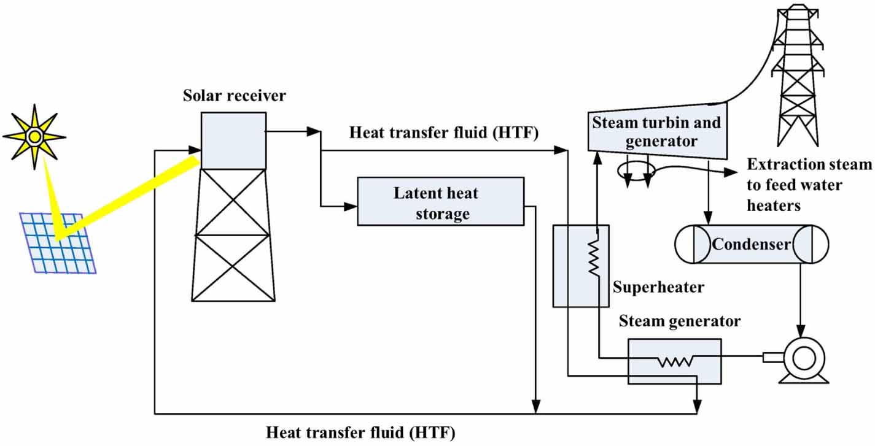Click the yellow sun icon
(x=34, y=136)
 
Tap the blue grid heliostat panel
(x=57, y=242)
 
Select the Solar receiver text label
(x=234, y=96)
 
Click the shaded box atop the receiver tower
(x=233, y=140)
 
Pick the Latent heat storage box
(x=440, y=201)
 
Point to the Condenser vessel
(x=743, y=244)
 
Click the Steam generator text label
(x=680, y=321)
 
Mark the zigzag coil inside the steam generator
(x=674, y=362)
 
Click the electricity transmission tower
(x=798, y=74)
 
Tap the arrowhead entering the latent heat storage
(x=351, y=207)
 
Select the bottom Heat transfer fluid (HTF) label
(x=360, y=433)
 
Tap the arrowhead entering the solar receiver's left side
(x=195, y=150)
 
